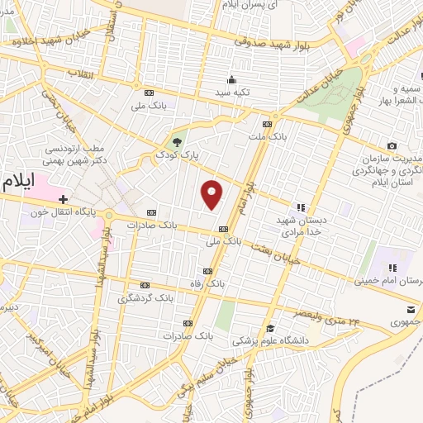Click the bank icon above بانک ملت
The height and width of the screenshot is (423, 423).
[x=266, y=123]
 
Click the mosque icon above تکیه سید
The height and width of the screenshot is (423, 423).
[x=232, y=80]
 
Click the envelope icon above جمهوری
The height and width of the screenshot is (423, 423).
[x=411, y=310]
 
